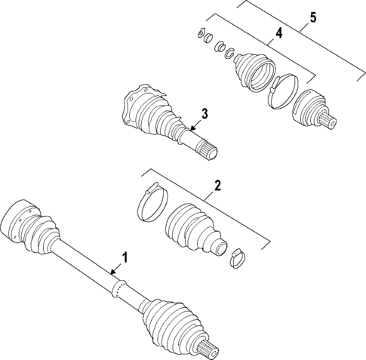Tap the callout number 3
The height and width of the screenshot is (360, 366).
[203, 114]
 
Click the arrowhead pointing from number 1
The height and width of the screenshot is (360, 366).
[111, 271]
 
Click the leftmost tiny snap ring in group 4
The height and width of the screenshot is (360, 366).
[201, 32]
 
